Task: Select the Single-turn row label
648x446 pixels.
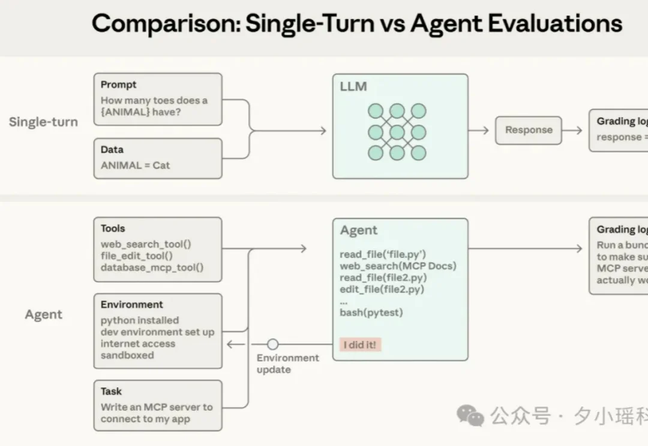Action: (43, 122)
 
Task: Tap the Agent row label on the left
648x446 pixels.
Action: (43, 315)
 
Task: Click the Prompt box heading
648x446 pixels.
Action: (118, 85)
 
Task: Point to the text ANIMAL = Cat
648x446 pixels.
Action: (135, 165)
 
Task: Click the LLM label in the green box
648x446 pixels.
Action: (353, 86)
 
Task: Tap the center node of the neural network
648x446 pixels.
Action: (397, 132)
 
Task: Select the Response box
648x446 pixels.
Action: (528, 130)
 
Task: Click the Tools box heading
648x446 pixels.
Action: (113, 228)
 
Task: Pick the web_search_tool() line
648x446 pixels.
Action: (146, 244)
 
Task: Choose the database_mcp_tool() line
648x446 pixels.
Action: (152, 267)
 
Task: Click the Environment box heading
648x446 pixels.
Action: (131, 305)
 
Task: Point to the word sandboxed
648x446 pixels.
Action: (127, 355)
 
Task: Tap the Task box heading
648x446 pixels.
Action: (111, 391)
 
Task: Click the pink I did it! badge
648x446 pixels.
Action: (360, 345)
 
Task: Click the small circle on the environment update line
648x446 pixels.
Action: (272, 344)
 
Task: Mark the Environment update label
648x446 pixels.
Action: (287, 363)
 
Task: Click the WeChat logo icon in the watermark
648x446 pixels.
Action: (470, 415)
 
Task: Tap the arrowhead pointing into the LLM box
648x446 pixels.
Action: (323, 131)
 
